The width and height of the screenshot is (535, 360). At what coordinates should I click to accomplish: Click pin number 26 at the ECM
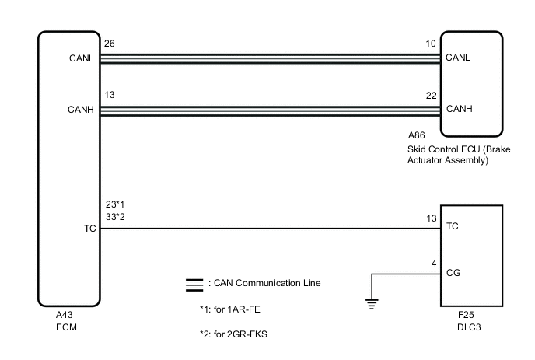coord(110,44)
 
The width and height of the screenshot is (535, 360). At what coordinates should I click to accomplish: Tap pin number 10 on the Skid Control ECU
coord(432,44)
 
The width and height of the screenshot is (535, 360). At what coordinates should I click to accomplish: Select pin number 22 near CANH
coord(432,95)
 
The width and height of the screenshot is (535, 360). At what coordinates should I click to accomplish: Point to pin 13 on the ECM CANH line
coord(110,95)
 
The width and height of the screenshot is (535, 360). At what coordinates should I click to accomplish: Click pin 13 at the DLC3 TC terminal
coord(432,219)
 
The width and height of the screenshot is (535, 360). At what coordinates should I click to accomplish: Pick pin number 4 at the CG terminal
coord(434,263)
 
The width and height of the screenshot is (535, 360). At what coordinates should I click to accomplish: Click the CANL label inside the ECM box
coord(82,58)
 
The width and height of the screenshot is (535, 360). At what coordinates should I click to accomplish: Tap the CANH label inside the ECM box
coord(82,110)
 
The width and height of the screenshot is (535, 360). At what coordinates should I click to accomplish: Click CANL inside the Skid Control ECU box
coord(458,58)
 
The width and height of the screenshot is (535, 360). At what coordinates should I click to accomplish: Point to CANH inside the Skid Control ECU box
coord(458,109)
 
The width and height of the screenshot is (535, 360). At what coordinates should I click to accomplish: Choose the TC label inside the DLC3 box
coord(452,229)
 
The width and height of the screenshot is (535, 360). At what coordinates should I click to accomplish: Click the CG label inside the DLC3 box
coord(452,274)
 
